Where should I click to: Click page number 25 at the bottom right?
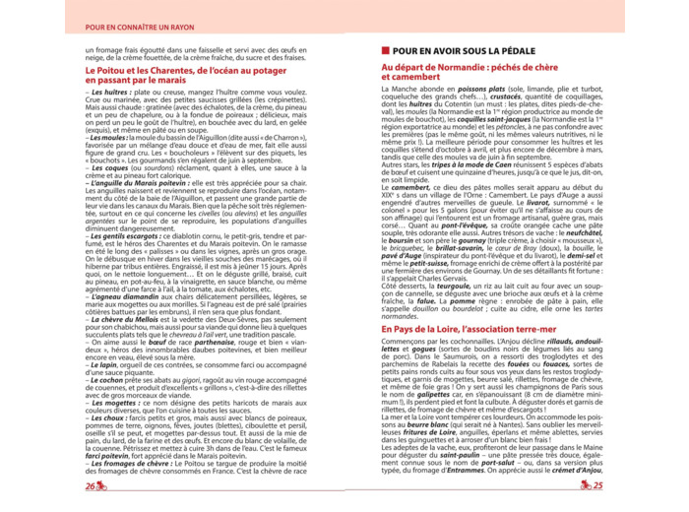click(597, 485)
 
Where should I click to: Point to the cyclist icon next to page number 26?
click(101, 485)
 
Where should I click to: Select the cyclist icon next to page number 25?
click(583, 485)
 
